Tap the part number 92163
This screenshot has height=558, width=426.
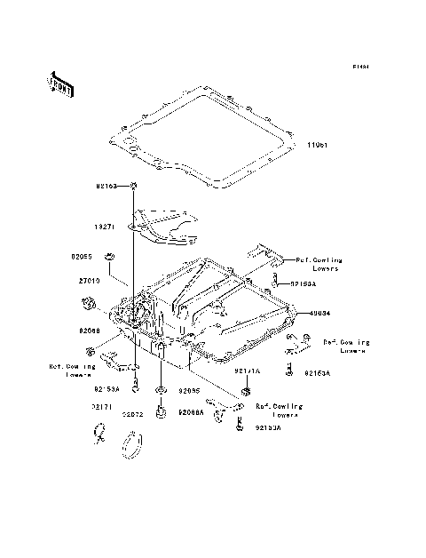[x=108, y=186]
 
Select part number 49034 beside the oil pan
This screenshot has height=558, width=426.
[x=321, y=313]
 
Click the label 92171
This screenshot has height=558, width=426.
[x=100, y=406]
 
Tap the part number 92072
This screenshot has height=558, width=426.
[x=133, y=414]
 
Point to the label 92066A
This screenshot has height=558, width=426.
[x=191, y=412]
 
